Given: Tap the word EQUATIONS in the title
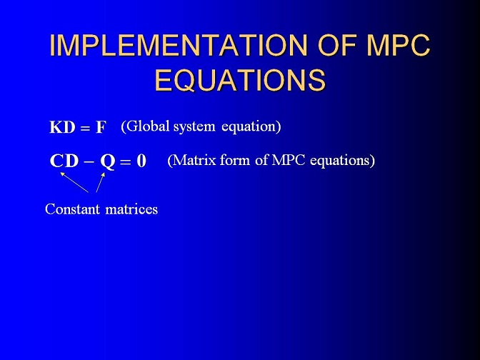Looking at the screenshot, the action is click(x=240, y=79).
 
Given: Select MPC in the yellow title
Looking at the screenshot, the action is click(x=399, y=45).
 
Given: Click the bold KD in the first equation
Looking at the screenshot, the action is click(x=62, y=126).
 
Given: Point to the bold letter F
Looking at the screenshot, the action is click(x=101, y=127).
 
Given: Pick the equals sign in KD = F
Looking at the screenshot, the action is click(x=86, y=129).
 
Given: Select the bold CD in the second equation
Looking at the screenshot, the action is click(x=64, y=161).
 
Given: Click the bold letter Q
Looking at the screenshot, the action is click(x=107, y=161).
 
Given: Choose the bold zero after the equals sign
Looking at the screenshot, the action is click(x=141, y=161).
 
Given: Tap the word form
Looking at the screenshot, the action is click(x=235, y=160).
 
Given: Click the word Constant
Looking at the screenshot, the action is click(x=72, y=209).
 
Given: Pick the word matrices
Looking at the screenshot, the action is click(x=131, y=209).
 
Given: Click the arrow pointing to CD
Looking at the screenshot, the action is click(x=74, y=182).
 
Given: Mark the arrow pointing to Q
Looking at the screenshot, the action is click(x=101, y=182).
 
